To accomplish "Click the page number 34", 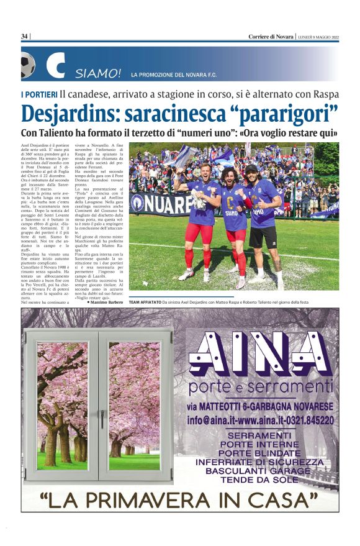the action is point(25,37).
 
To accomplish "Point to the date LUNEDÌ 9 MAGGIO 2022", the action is point(318,37).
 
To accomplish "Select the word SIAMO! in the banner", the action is point(98,75).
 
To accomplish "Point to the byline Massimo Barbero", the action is point(107,303).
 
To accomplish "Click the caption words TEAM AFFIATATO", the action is point(144,303).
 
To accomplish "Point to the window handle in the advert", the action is point(102,418).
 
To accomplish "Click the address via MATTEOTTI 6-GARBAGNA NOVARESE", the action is point(261,406).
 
